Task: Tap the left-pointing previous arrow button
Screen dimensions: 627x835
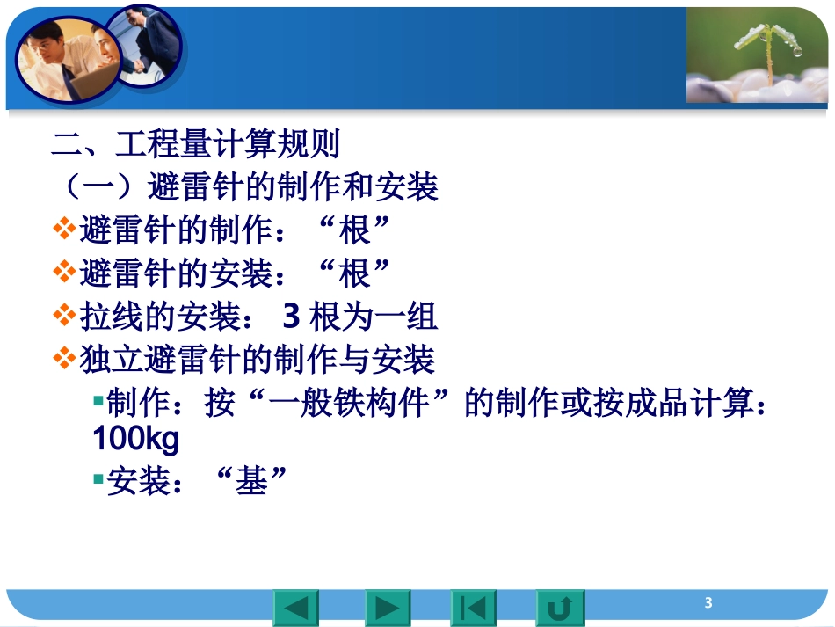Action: (x=296, y=608)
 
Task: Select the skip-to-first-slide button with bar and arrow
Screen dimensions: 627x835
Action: (x=473, y=608)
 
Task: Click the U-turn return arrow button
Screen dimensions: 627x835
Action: (x=560, y=608)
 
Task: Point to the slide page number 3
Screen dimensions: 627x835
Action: (x=708, y=603)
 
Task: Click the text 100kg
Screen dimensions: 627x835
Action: (x=135, y=440)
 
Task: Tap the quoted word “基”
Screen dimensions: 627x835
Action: (x=250, y=480)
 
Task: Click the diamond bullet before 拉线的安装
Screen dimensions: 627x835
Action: (x=64, y=315)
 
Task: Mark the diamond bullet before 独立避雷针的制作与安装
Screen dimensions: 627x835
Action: (x=64, y=358)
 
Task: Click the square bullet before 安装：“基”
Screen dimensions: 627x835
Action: (x=98, y=480)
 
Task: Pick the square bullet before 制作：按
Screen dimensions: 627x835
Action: (x=98, y=403)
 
